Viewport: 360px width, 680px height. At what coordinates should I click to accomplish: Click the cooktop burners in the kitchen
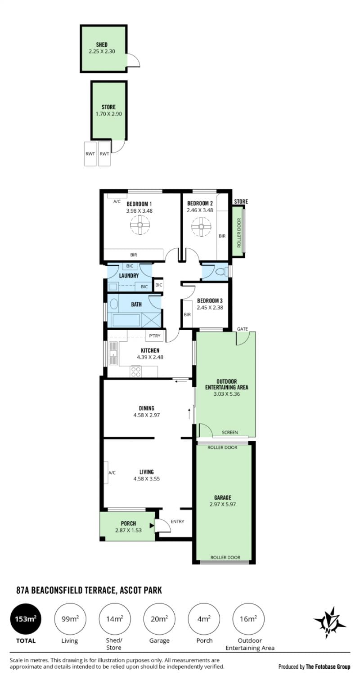click(x=136, y=372)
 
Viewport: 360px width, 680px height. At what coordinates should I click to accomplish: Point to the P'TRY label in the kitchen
click(x=155, y=336)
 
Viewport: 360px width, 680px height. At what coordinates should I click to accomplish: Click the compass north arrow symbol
click(x=329, y=623)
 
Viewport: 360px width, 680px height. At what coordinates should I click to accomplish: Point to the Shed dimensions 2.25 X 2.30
click(x=102, y=51)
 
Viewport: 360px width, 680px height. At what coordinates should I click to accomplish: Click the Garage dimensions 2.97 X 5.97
click(x=223, y=504)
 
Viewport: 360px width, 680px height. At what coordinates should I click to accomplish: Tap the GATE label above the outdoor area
click(x=243, y=329)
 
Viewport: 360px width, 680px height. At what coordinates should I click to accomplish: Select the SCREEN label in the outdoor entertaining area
click(x=230, y=432)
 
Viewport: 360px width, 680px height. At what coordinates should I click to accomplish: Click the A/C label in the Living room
click(x=112, y=473)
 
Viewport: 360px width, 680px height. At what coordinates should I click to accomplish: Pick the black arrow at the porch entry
click(x=152, y=525)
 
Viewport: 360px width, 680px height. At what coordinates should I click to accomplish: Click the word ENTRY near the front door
click(x=177, y=521)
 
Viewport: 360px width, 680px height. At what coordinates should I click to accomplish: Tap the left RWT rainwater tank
click(x=90, y=154)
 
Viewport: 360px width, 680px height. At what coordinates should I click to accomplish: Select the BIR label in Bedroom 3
click(x=187, y=314)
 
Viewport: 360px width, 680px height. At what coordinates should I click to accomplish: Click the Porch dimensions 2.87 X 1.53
click(x=129, y=530)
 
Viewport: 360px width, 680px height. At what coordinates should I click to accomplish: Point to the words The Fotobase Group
click(x=328, y=667)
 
